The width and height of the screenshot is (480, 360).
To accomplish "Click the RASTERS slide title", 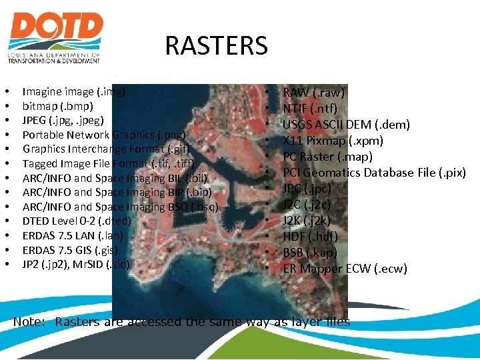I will (216, 46).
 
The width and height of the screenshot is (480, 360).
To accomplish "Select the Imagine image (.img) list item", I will (74, 91).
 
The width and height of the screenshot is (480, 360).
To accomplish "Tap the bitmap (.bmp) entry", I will (58, 106).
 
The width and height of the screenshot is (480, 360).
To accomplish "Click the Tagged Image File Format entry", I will (108, 164).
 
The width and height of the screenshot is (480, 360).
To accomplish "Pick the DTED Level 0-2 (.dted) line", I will (77, 221).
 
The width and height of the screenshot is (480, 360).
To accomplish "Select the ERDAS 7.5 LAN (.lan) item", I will (72, 235).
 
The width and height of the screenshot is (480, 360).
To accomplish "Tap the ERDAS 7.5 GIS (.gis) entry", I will (70, 250).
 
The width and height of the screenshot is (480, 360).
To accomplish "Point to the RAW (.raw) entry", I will (314, 93).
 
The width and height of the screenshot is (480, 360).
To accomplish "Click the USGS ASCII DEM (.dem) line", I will (346, 125).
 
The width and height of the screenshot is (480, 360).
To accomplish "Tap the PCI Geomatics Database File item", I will (374, 173).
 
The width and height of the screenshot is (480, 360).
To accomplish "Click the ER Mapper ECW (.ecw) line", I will (345, 269).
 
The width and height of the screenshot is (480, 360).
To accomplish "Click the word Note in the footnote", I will (28, 322).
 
